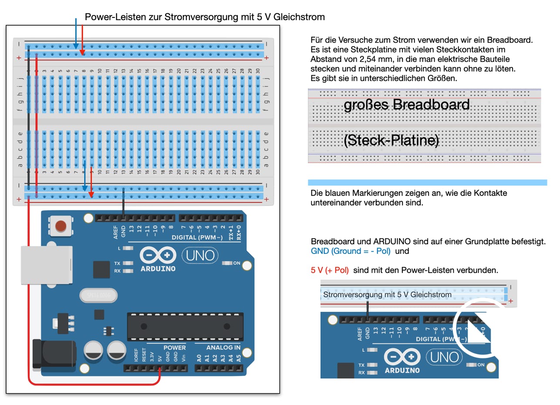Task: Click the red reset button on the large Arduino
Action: click(61, 226)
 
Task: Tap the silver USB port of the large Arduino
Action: click(47, 265)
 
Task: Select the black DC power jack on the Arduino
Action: click(54, 354)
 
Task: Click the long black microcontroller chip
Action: click(185, 327)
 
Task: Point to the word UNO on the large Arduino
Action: click(200, 256)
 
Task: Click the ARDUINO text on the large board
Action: click(158, 269)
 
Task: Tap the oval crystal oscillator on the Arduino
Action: click(98, 295)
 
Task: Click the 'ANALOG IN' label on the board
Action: click(223, 348)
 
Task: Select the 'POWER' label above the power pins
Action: click(175, 348)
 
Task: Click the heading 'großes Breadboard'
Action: click(406, 105)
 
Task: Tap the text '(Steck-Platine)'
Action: click(391, 140)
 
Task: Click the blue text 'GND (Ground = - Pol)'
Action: click(351, 251)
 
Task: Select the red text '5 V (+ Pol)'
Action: click(330, 270)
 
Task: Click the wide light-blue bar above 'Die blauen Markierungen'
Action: click(427, 182)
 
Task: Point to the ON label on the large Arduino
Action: click(236, 263)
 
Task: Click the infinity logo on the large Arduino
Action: click(158, 255)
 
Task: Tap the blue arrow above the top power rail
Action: click(76, 34)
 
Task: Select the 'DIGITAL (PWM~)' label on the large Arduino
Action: click(197, 237)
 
